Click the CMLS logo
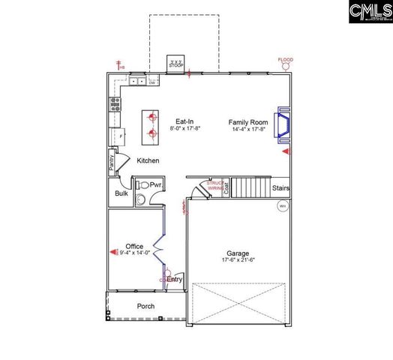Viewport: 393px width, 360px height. (370, 13)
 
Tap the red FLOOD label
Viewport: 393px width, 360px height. (286, 59)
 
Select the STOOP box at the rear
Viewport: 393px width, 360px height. (176, 63)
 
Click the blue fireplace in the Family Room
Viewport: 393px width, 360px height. (284, 124)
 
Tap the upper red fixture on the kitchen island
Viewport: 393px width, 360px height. (152, 117)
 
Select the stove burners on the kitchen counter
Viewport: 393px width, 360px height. (116, 104)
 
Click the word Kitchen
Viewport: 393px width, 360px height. (148, 160)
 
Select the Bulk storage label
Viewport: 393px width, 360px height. (121, 193)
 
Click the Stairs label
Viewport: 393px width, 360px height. (280, 188)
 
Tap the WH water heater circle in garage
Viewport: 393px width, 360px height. (283, 206)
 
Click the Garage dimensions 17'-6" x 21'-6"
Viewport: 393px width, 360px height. (238, 260)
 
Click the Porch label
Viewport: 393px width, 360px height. (145, 306)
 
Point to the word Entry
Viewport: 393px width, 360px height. (174, 279)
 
